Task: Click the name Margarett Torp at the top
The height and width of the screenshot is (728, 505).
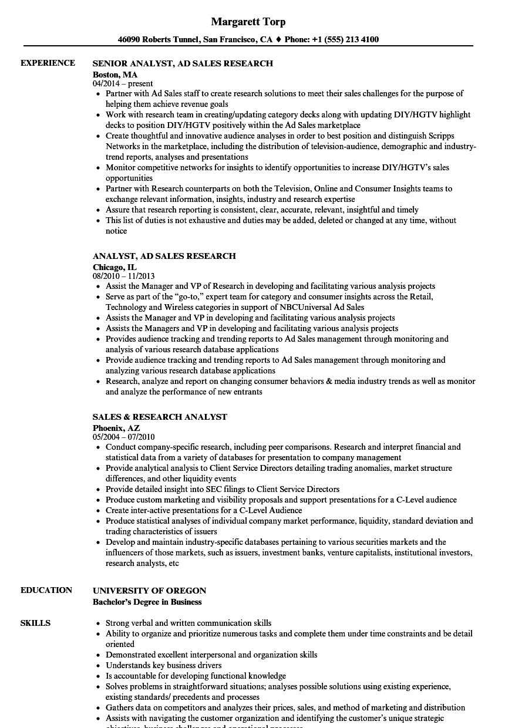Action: pos(248,22)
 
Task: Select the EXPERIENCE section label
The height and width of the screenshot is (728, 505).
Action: pos(48,63)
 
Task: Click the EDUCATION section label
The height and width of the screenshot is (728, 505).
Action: pos(46,590)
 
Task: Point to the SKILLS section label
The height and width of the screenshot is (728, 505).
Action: pos(35,623)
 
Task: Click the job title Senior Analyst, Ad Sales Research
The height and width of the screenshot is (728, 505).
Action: pos(183,63)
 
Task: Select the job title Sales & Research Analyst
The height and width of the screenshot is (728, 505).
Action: pos(160,417)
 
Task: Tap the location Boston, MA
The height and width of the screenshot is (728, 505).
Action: pos(115,75)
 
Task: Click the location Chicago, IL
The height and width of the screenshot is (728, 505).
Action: pos(115,267)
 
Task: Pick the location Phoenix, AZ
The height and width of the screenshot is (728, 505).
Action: pos(116,428)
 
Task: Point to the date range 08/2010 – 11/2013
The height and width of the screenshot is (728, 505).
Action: pos(123,276)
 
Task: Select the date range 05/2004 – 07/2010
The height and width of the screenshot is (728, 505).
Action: pos(123,437)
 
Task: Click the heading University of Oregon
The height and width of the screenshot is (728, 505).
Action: pos(149,591)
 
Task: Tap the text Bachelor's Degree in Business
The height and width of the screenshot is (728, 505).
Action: pos(147,602)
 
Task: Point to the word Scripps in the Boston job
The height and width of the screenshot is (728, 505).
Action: pos(440,136)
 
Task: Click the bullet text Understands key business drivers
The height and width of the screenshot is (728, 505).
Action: pos(163,665)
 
